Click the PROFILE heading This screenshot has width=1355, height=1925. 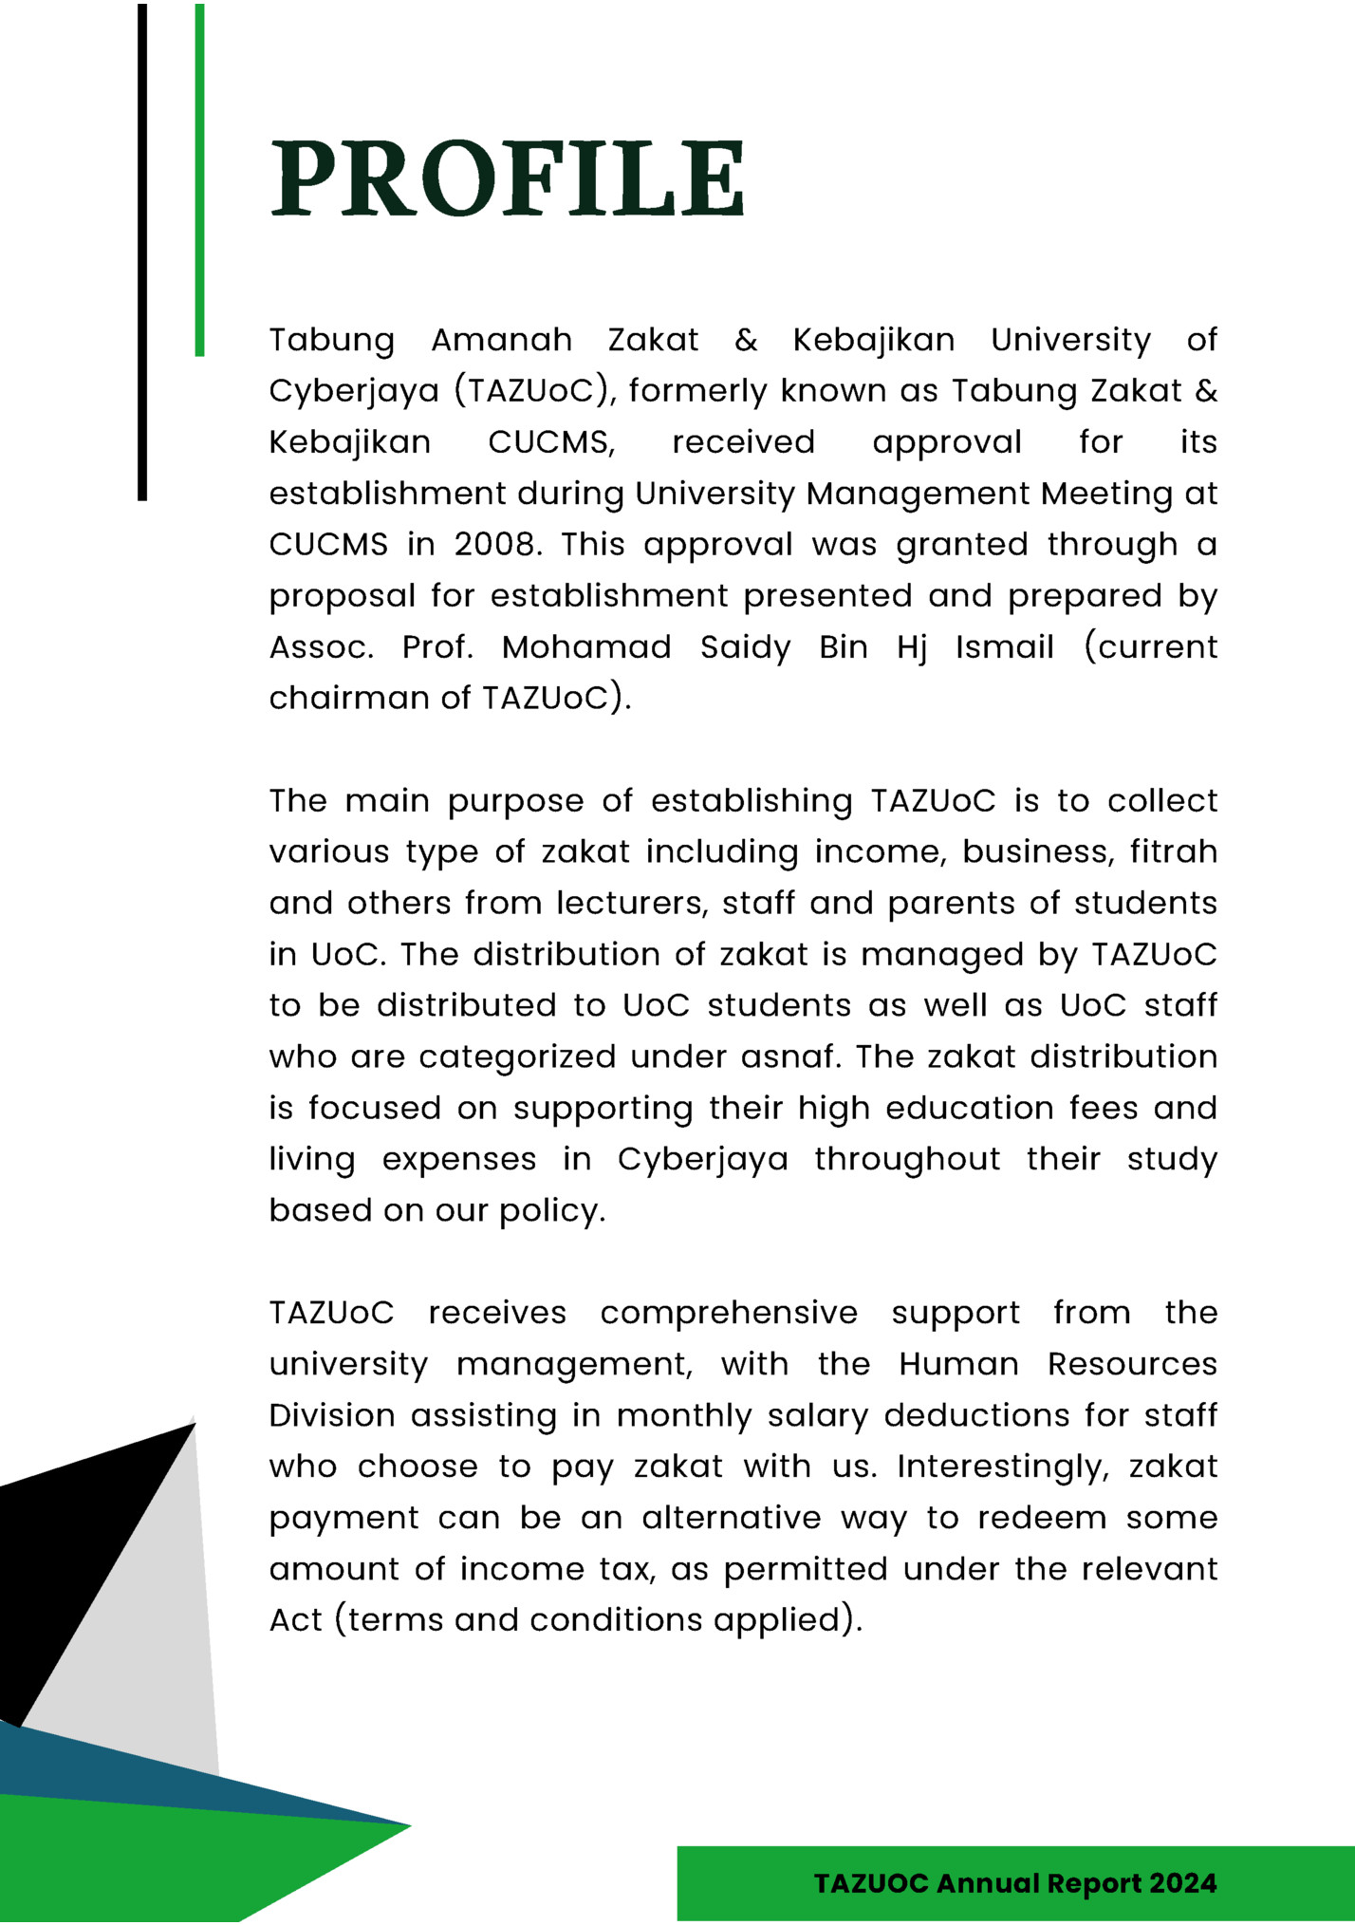508,178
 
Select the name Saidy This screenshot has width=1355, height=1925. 745,647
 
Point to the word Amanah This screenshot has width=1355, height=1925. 502,340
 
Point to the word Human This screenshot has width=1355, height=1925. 958,1365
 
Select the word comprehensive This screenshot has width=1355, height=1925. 729,1314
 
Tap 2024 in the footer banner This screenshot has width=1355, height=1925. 1182,1883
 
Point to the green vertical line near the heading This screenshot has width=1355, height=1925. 199,180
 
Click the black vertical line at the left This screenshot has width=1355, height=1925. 142,252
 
